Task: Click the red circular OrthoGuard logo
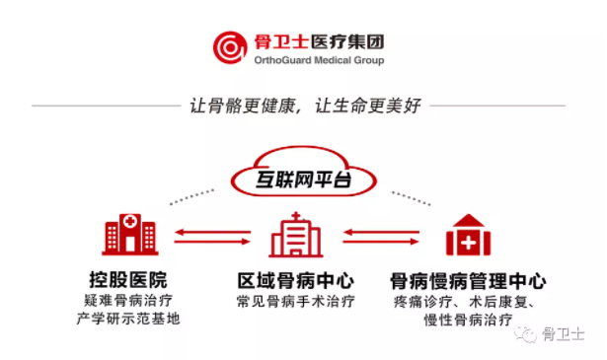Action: click(230, 47)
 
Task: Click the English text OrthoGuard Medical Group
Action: click(319, 60)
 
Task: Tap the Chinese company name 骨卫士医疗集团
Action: click(319, 41)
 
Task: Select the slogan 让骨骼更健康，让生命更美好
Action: click(305, 106)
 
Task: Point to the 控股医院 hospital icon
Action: click(130, 235)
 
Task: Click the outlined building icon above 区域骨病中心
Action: click(296, 235)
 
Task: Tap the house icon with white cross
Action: click(469, 235)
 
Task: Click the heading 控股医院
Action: click(128, 279)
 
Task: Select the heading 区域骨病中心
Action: click(296, 280)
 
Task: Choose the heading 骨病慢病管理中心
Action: click(468, 281)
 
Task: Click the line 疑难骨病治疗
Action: click(128, 301)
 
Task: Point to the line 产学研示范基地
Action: click(128, 319)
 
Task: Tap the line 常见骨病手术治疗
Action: click(296, 301)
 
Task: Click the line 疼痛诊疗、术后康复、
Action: click(464, 302)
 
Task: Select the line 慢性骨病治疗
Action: click(468, 320)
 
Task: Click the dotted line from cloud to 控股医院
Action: click(192, 197)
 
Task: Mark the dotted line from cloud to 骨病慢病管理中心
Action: click(412, 198)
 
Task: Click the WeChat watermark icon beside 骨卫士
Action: click(525, 333)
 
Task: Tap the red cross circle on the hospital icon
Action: click(130, 222)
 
